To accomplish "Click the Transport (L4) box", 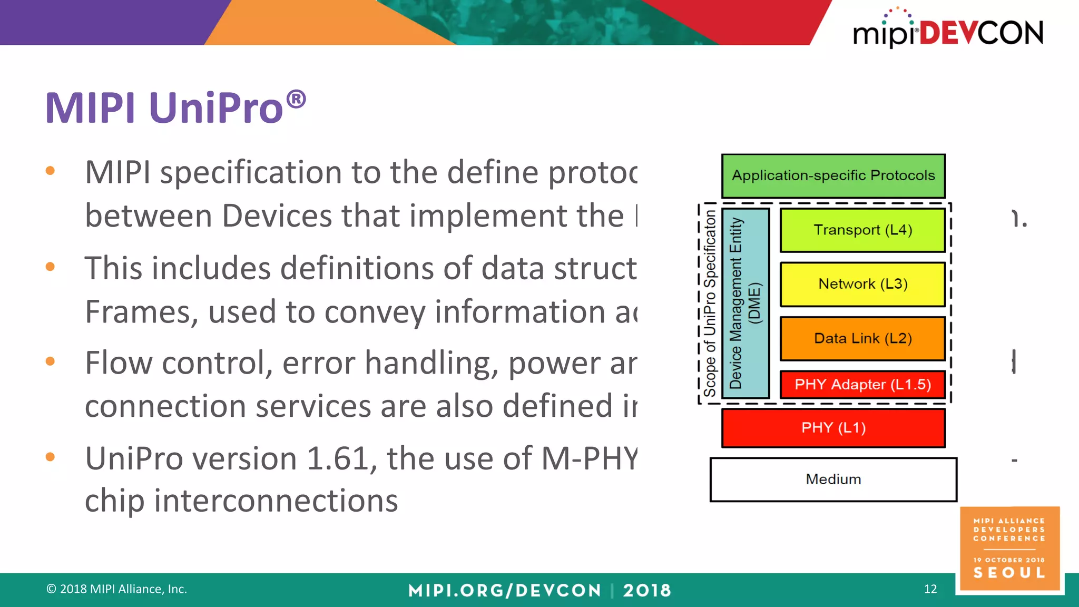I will pyautogui.click(x=862, y=230).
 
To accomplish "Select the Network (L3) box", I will pyautogui.click(x=862, y=284).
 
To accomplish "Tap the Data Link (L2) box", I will pyautogui.click(x=862, y=338).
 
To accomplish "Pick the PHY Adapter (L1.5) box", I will pyautogui.click(x=862, y=385).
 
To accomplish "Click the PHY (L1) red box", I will pyautogui.click(x=833, y=428).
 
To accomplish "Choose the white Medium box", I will pyautogui.click(x=833, y=479).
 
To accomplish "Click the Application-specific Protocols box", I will pyautogui.click(x=833, y=175).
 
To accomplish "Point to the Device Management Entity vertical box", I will pyautogui.click(x=745, y=303).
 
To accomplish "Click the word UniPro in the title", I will pyautogui.click(x=216, y=108).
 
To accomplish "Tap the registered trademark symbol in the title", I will pyautogui.click(x=296, y=99).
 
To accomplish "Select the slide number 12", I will pyautogui.click(x=930, y=589).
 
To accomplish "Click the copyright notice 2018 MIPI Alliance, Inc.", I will pyautogui.click(x=117, y=589).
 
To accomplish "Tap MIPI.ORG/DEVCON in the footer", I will pyautogui.click(x=504, y=590).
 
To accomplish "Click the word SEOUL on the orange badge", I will pyautogui.click(x=1009, y=573).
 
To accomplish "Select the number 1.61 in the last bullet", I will pyautogui.click(x=337, y=458).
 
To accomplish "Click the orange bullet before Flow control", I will pyautogui.click(x=50, y=361).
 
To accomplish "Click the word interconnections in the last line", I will pyautogui.click(x=276, y=501).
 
